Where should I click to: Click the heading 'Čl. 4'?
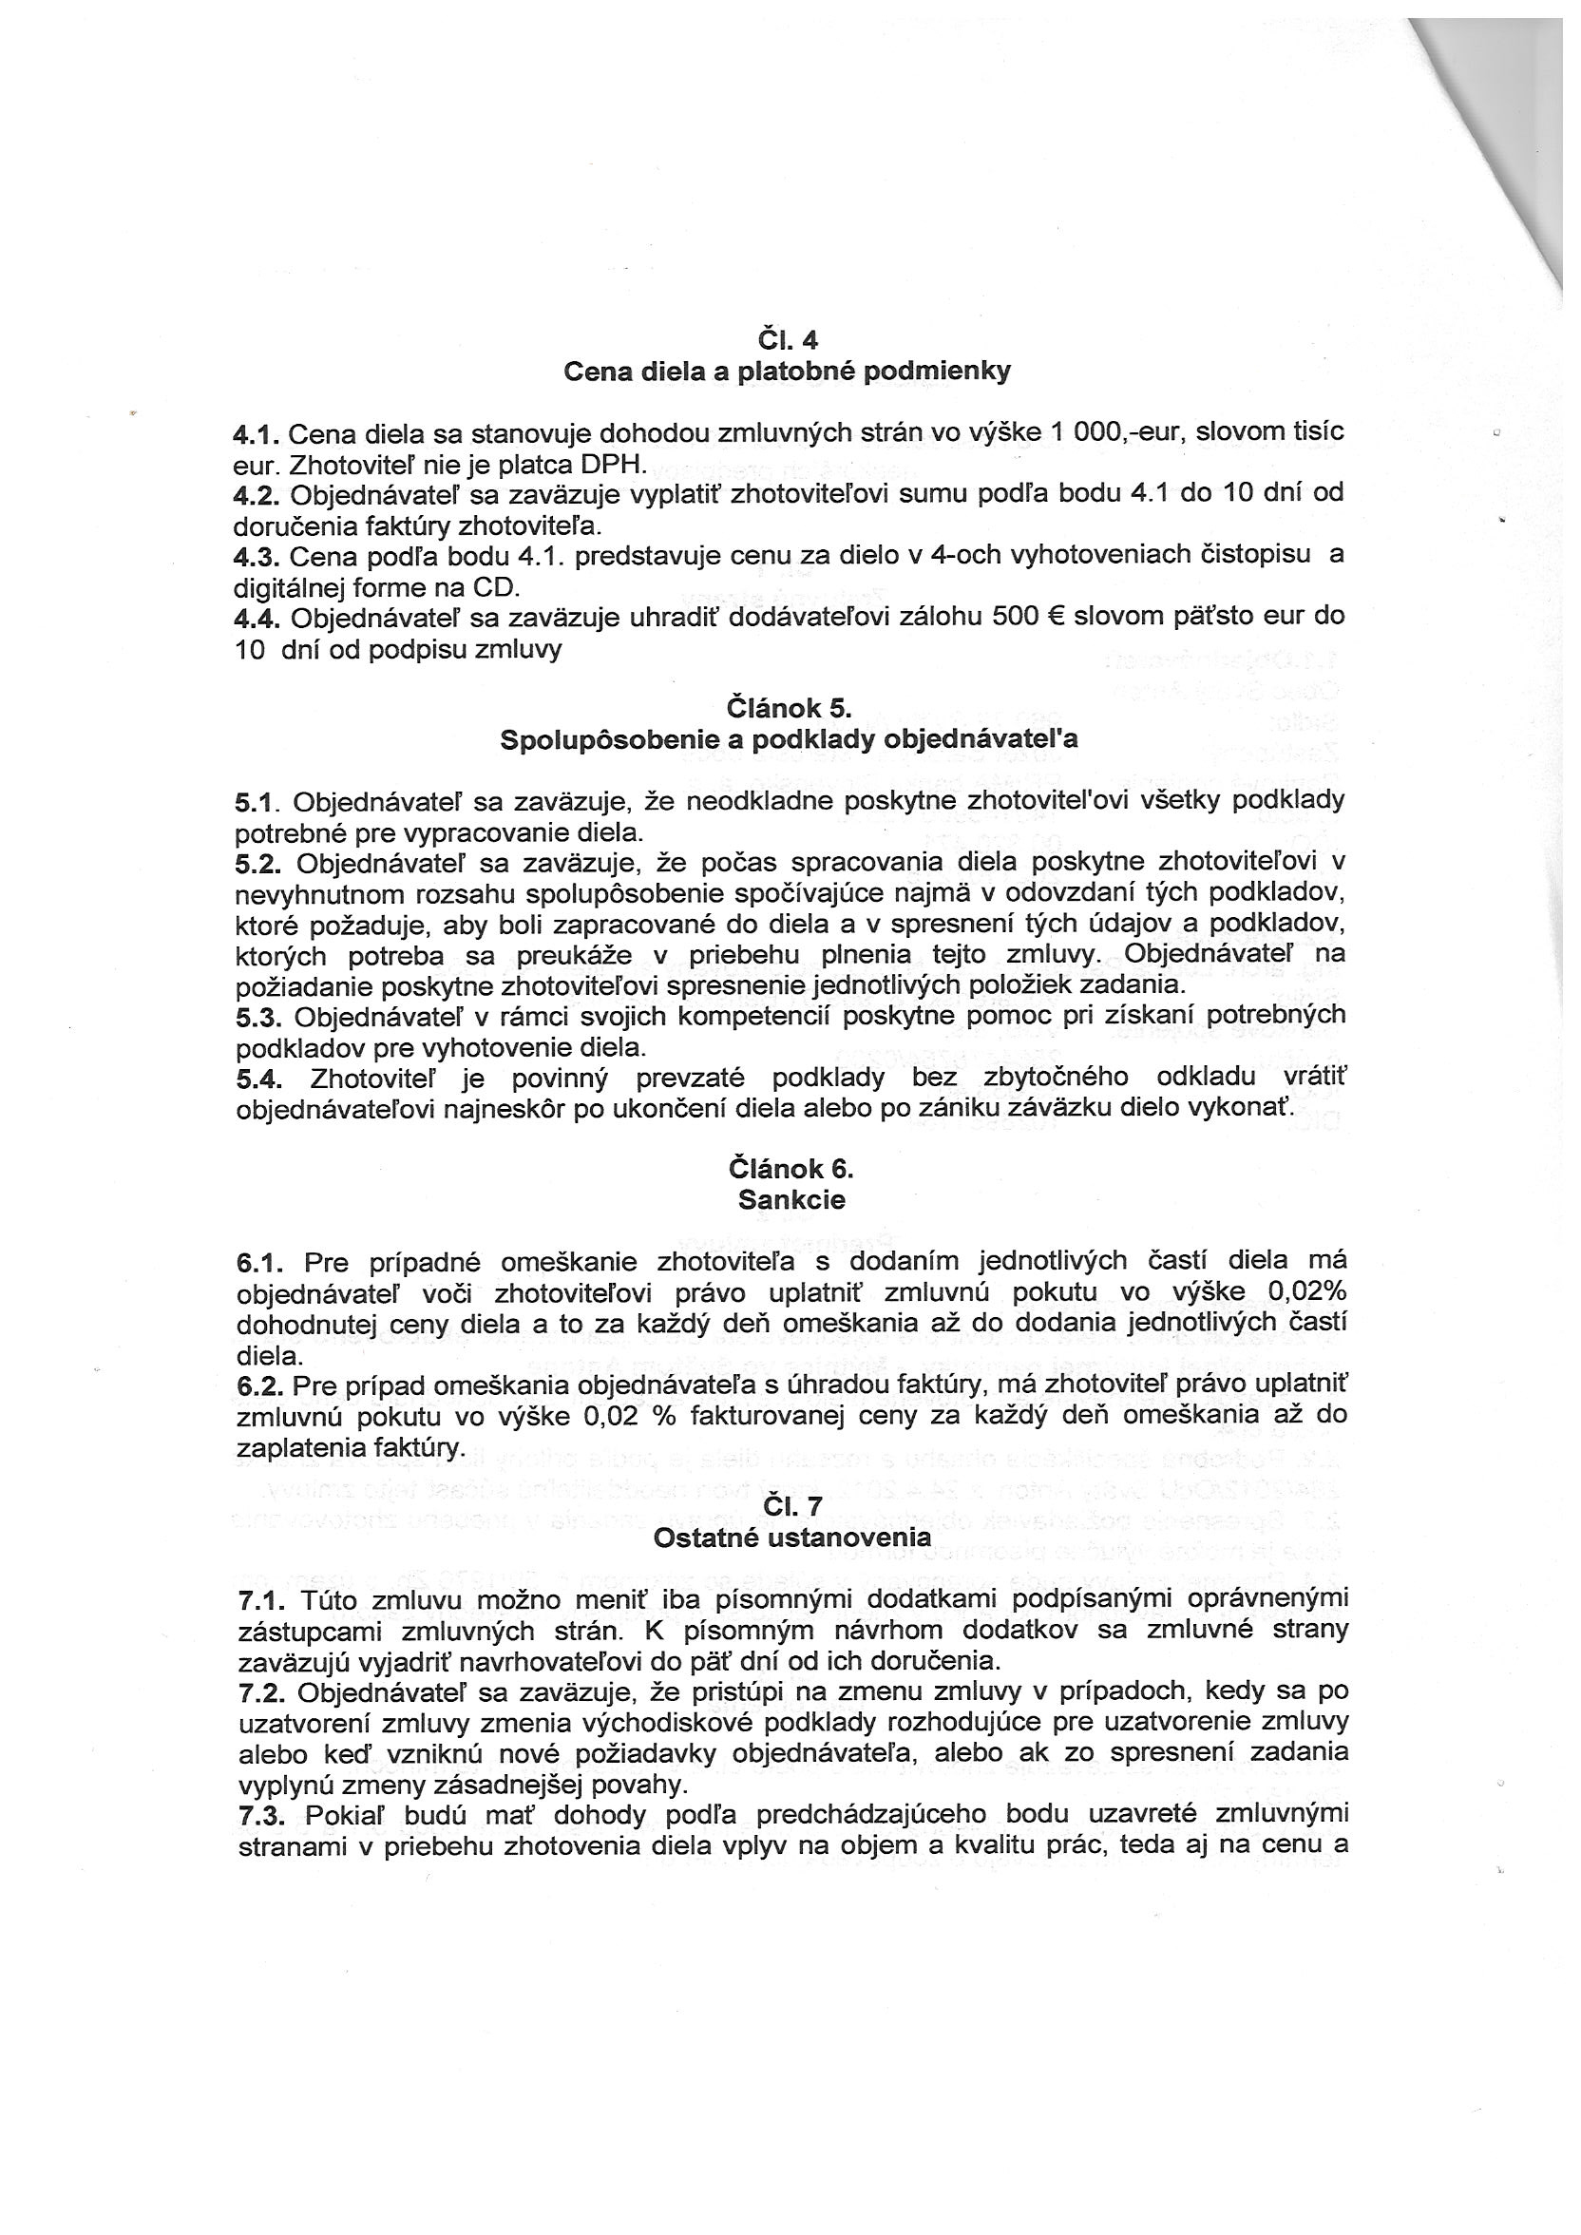click(788, 340)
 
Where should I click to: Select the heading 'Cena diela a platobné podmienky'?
click(788, 371)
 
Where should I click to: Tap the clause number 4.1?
click(256, 433)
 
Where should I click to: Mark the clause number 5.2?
click(258, 865)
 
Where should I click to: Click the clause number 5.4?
click(258, 1079)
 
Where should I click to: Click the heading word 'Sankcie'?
click(790, 1199)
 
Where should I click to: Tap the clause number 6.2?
click(260, 1385)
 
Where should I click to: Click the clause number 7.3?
click(261, 1815)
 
